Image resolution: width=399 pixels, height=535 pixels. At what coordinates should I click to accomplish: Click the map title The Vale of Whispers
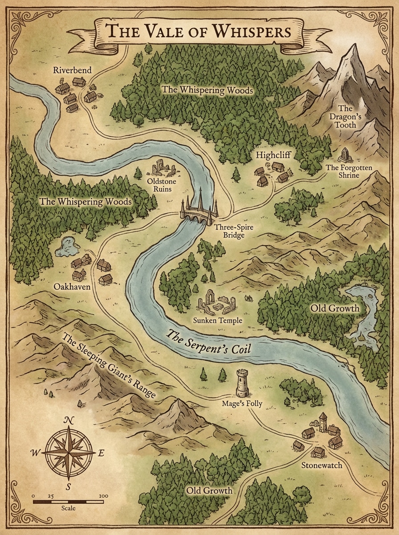199,32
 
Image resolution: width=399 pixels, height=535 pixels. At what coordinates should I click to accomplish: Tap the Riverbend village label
72,70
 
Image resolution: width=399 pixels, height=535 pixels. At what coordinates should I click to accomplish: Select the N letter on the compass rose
69,420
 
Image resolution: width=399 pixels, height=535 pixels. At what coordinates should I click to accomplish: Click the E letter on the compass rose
101,453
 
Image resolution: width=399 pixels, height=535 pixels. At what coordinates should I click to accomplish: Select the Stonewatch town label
322,465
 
